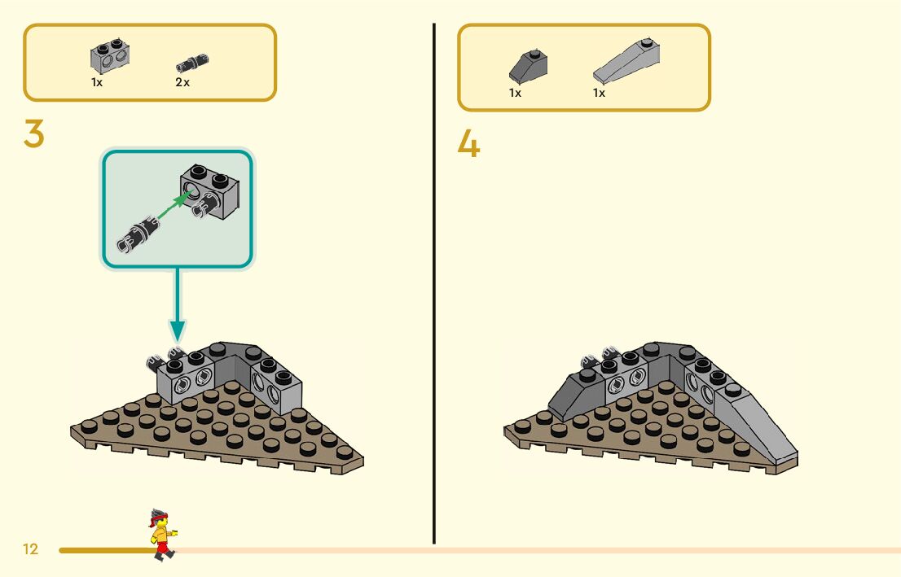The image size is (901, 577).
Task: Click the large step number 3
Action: (x=34, y=134)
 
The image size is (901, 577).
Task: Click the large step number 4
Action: (x=468, y=145)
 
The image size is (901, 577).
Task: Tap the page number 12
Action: (x=31, y=549)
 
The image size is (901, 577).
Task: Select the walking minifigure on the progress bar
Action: (x=162, y=534)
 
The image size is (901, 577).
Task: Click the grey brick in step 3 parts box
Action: (x=111, y=57)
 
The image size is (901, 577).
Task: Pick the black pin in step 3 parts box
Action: (x=193, y=62)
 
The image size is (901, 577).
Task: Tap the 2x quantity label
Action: (x=182, y=82)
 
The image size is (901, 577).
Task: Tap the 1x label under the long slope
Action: (x=599, y=93)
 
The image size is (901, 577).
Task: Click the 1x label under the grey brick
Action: (x=97, y=82)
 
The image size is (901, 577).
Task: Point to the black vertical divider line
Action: (x=434, y=285)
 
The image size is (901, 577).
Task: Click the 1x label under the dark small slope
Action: (x=515, y=93)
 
